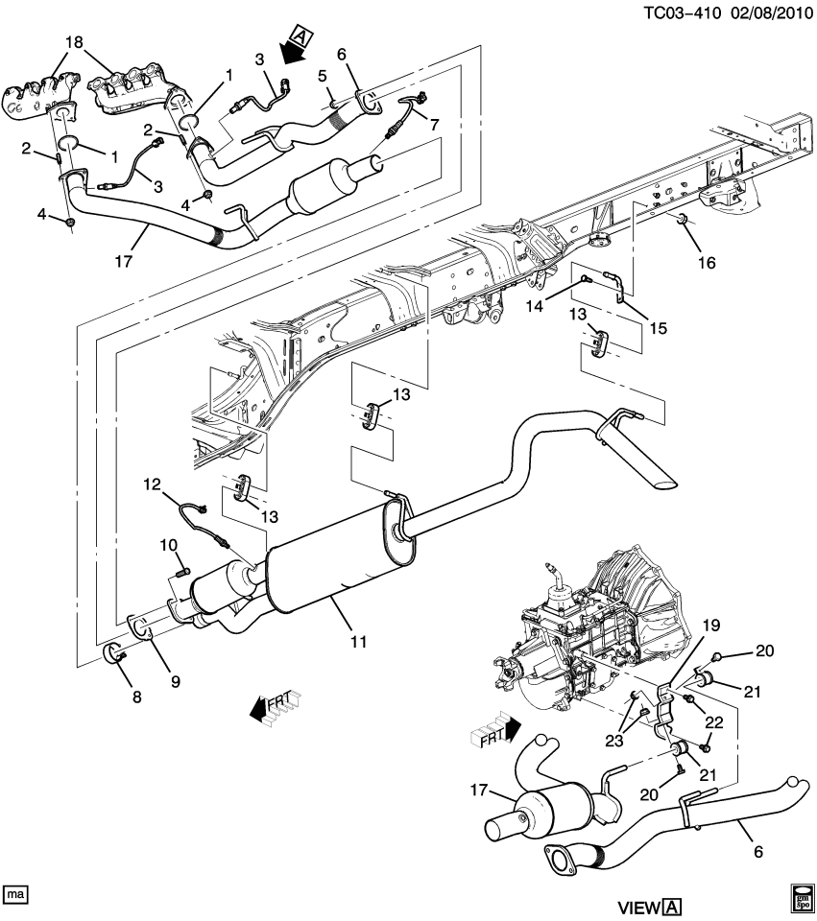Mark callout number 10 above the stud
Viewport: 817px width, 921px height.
click(169, 545)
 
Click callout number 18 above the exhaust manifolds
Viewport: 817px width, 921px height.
click(74, 43)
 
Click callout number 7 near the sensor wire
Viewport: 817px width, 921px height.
click(430, 126)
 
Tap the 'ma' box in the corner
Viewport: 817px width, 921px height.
click(15, 893)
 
